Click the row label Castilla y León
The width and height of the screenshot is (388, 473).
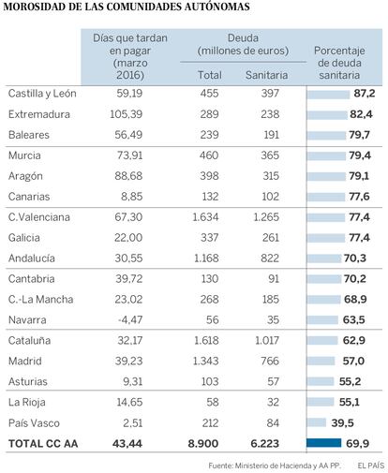(42, 94)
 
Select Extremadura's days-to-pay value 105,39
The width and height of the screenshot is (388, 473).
(127, 114)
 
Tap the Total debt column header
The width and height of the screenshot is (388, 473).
(210, 75)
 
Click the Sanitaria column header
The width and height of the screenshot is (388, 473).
(266, 75)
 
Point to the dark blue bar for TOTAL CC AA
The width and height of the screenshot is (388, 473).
(324, 443)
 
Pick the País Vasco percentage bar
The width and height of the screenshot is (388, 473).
(317, 422)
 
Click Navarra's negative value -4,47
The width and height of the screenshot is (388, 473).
(130, 319)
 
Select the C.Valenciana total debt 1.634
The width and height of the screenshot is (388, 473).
(205, 217)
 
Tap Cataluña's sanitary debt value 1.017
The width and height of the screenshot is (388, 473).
(267, 340)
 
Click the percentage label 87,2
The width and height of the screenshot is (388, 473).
(365, 94)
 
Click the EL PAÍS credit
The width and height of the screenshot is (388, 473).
(371, 466)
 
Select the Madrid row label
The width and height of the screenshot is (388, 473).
(25, 361)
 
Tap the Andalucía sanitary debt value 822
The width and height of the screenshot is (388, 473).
(270, 259)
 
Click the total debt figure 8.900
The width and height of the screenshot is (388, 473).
(203, 443)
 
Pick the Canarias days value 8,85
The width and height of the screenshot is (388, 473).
(132, 197)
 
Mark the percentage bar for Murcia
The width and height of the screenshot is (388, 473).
(326, 155)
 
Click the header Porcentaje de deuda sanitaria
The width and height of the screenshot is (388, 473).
(339, 63)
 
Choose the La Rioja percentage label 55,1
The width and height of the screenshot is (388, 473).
(350, 402)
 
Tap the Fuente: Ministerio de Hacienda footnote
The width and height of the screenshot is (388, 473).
(275, 466)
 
